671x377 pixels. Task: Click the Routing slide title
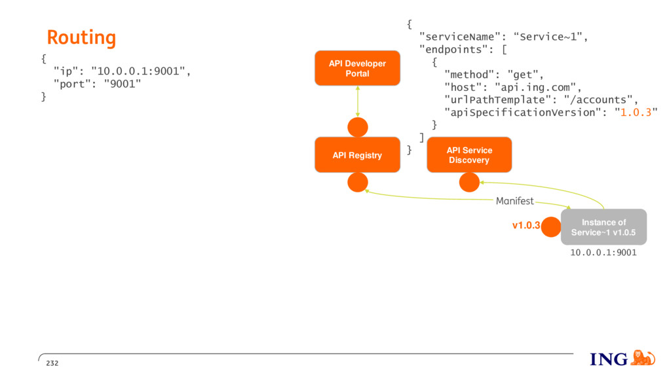click(81, 38)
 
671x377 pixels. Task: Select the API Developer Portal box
click(357, 68)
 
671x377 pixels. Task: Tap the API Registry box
click(357, 154)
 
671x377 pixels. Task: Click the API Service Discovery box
click(469, 154)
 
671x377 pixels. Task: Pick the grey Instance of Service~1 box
click(604, 227)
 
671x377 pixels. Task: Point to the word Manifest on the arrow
click(515, 201)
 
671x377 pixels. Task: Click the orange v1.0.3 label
click(526, 225)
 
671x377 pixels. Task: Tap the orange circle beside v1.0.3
click(550, 226)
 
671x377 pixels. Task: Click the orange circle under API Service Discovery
click(469, 183)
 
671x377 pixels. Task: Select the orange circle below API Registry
click(357, 183)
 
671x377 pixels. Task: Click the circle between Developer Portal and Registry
click(357, 127)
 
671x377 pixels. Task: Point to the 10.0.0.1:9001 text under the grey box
click(604, 253)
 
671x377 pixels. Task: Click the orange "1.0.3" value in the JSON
click(636, 113)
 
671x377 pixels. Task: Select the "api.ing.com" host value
click(535, 88)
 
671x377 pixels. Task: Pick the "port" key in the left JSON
click(72, 84)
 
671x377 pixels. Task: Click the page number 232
click(52, 363)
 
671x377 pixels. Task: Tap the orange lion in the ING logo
click(643, 358)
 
